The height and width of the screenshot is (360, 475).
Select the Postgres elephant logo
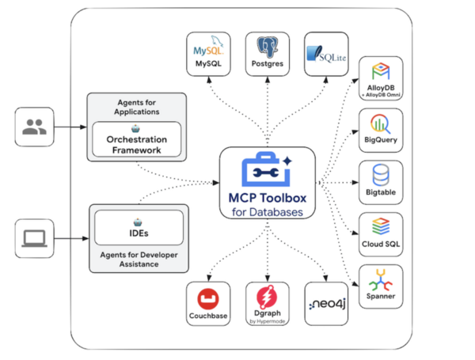click(x=268, y=48)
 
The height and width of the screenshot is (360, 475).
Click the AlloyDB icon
click(x=381, y=71)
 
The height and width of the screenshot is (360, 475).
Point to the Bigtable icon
click(x=381, y=174)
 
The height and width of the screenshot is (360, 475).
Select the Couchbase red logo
click(x=209, y=300)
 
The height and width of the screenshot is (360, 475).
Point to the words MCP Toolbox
click(x=268, y=197)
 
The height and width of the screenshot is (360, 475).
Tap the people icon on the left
click(x=35, y=127)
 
